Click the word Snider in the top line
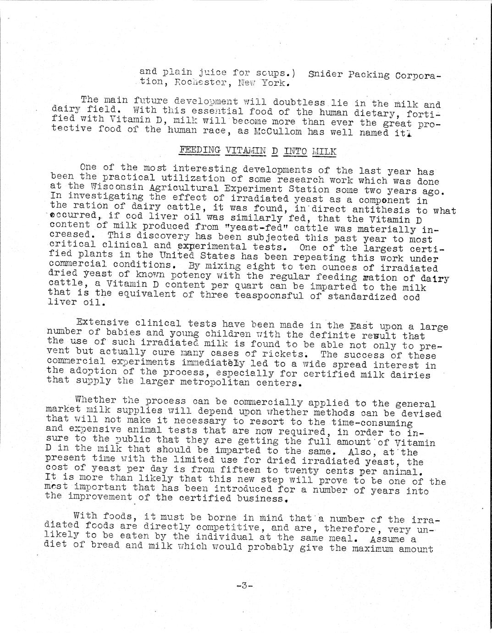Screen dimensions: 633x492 [325, 74]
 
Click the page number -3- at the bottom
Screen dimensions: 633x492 [244, 585]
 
